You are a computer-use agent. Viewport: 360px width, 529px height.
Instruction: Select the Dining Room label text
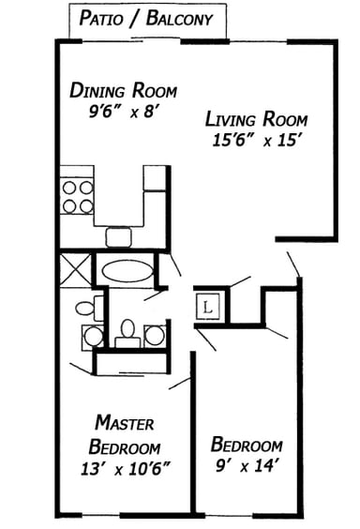point(123,91)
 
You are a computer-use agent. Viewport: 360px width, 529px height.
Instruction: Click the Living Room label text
point(256,120)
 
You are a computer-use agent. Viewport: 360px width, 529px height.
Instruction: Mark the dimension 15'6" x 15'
point(256,140)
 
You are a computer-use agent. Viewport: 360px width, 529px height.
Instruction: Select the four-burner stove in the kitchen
point(77,195)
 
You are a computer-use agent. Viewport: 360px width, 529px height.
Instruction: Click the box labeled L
point(208,306)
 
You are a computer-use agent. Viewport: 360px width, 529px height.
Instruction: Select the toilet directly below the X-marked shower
point(84,307)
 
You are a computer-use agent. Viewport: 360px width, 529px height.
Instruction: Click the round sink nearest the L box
point(154,333)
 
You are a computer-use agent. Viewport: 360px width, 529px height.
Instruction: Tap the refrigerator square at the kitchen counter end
point(155,179)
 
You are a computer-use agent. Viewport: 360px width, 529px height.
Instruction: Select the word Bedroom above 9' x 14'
point(247,444)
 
